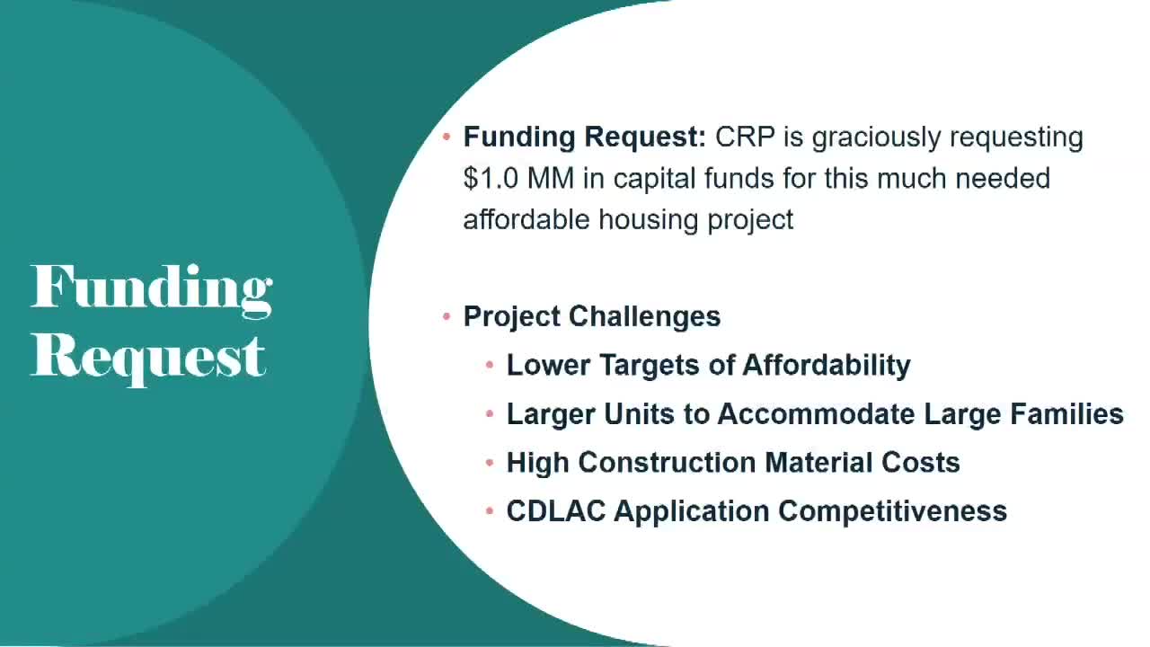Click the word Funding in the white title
tap(152, 290)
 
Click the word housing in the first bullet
tap(649, 221)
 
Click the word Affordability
tap(827, 366)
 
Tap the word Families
tap(1066, 414)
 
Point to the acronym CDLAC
tap(556, 511)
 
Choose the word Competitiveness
tap(893, 512)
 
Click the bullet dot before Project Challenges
tap(447, 317)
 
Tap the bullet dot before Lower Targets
tap(490, 365)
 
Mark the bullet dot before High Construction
tap(490, 463)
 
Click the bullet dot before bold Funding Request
tap(447, 137)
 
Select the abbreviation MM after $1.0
tap(551, 179)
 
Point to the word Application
tap(692, 512)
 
